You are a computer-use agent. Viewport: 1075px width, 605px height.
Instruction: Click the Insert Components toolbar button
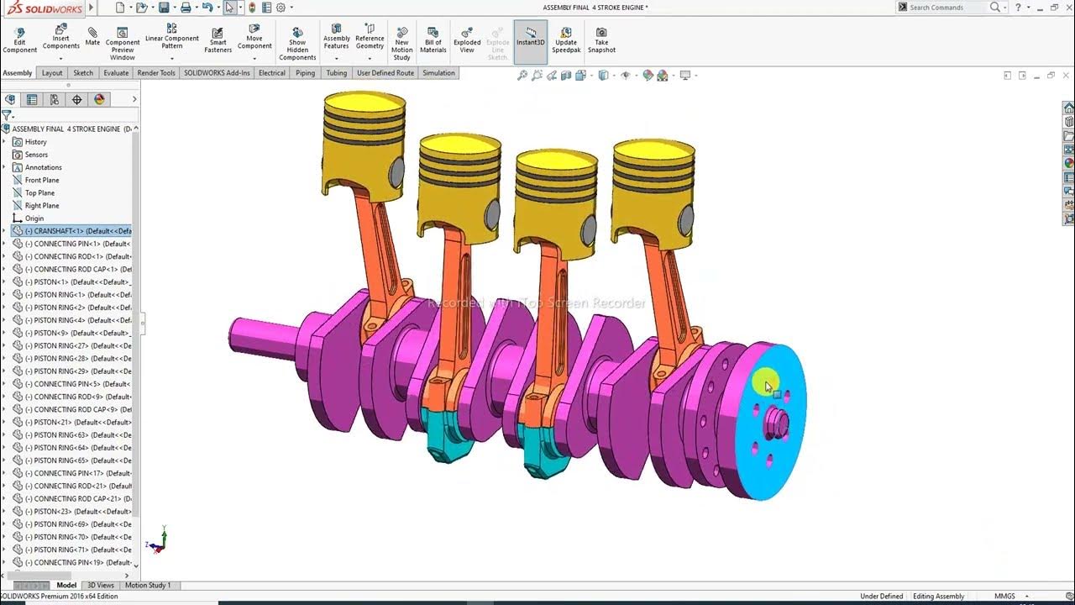pos(60,37)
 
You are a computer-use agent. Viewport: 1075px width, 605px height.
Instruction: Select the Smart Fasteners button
pos(218,39)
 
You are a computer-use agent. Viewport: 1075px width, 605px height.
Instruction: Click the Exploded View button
pos(467,39)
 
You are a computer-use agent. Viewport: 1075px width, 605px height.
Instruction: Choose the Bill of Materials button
pos(433,39)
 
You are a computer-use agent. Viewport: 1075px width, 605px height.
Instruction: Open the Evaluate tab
pos(116,73)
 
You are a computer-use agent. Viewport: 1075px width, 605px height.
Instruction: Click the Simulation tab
pos(438,73)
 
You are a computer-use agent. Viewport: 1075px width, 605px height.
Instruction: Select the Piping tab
pos(305,73)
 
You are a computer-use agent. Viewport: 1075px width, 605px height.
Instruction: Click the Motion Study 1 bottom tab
pos(148,586)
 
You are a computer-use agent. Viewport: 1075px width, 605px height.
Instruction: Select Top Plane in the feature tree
pos(39,193)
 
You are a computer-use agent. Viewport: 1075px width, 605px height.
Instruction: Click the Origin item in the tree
pos(34,218)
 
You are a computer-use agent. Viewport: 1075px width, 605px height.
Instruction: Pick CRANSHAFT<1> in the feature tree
pos(76,231)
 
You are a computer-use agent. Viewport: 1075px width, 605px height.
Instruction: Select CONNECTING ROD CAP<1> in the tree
pos(76,270)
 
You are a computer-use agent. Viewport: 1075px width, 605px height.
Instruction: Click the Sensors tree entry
pos(36,155)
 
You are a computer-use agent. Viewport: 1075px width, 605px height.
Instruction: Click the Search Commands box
pos(947,8)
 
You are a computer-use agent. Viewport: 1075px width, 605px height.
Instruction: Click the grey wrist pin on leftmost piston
pos(396,172)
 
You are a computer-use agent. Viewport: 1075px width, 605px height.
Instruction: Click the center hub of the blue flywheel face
pos(776,424)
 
